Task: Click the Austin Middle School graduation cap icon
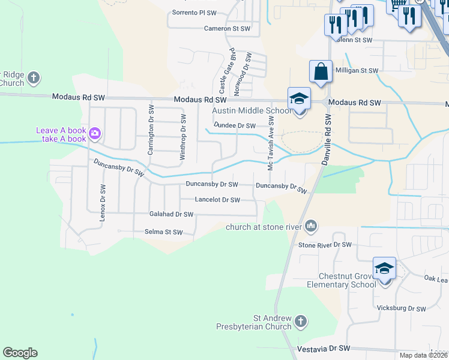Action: coord(299,99)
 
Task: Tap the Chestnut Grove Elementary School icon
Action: coord(384,269)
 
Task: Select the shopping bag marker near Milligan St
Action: coord(321,71)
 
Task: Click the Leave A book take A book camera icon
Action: coord(94,133)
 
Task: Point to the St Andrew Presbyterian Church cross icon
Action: coord(301,322)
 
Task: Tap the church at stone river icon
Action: coord(311,226)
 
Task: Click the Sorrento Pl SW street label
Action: coord(194,12)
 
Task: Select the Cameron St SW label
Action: coord(227,28)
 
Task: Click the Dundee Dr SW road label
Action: coord(235,125)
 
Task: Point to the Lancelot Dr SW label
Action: coord(217,200)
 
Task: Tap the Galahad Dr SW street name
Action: coord(171,214)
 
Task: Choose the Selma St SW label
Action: coord(163,232)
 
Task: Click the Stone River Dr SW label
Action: coord(325,245)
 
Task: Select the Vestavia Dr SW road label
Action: coord(324,348)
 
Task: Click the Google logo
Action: coord(20,353)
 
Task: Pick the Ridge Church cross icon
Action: coord(34,77)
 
